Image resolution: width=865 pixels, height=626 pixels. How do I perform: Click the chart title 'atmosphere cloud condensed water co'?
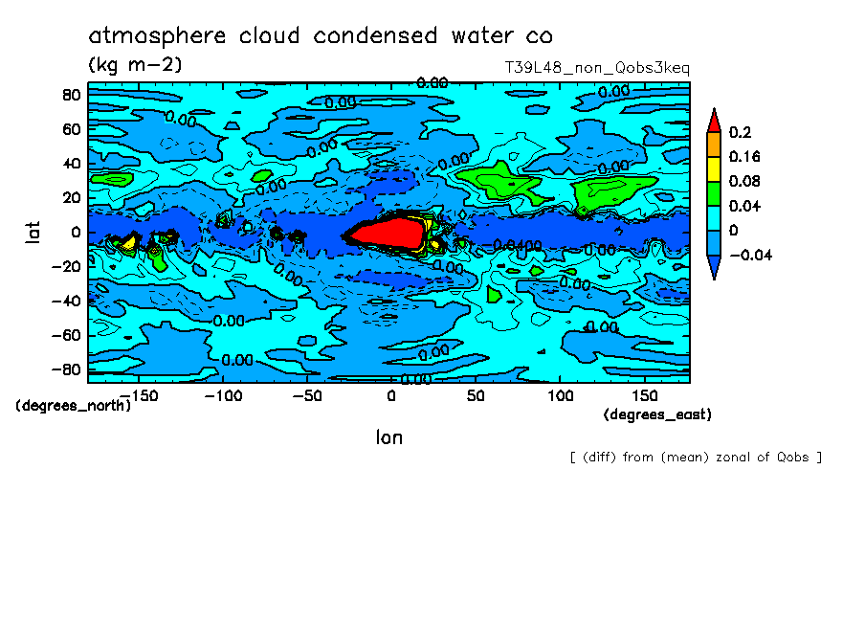pos(321,36)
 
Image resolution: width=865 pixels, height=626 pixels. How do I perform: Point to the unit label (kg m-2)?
pos(135,65)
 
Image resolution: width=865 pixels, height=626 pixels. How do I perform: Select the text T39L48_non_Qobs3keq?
pos(596,68)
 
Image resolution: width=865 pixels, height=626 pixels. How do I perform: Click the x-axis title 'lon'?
pos(388,437)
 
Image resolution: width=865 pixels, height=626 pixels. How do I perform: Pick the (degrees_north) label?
pos(73,405)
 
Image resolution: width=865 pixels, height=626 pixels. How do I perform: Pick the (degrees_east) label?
pos(657,414)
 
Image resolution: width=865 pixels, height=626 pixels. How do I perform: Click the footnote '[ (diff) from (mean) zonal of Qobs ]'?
pos(696,457)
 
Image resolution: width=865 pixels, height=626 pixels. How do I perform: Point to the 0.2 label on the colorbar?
pos(741,132)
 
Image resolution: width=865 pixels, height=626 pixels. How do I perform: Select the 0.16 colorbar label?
pos(744,156)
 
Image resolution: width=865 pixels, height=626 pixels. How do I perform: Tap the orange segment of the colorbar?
pos(713,144)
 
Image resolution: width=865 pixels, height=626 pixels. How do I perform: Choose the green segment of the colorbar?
pos(713,193)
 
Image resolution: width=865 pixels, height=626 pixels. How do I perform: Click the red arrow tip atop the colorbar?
pos(713,120)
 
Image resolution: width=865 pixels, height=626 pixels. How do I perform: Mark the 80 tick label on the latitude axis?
pos(71,94)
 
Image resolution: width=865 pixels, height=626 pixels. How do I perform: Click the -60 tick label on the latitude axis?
pos(67,335)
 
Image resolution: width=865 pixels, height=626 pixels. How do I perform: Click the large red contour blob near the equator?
pos(387,233)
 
